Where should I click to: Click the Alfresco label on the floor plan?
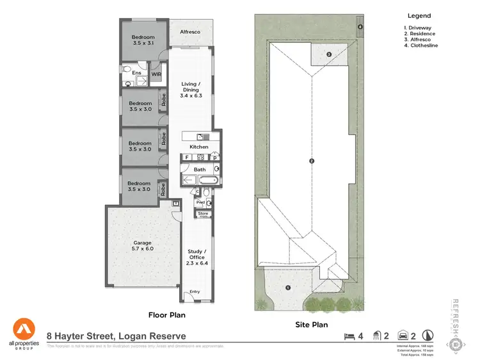coord(190,31)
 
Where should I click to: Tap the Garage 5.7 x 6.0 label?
coord(142,247)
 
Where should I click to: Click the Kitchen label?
coord(198,147)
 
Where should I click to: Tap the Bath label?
coord(200,170)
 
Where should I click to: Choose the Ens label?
coord(136,73)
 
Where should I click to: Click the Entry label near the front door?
coord(195,292)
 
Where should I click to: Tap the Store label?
coord(203,213)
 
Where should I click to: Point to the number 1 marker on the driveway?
coord(289,288)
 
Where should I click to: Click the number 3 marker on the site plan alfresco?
coord(328,55)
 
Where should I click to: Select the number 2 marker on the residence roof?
coord(311,161)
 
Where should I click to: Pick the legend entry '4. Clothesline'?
coord(421,45)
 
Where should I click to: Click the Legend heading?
coord(419,16)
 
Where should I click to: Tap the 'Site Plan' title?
coord(311,325)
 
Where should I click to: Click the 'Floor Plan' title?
coord(166,315)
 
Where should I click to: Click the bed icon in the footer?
coord(349,335)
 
